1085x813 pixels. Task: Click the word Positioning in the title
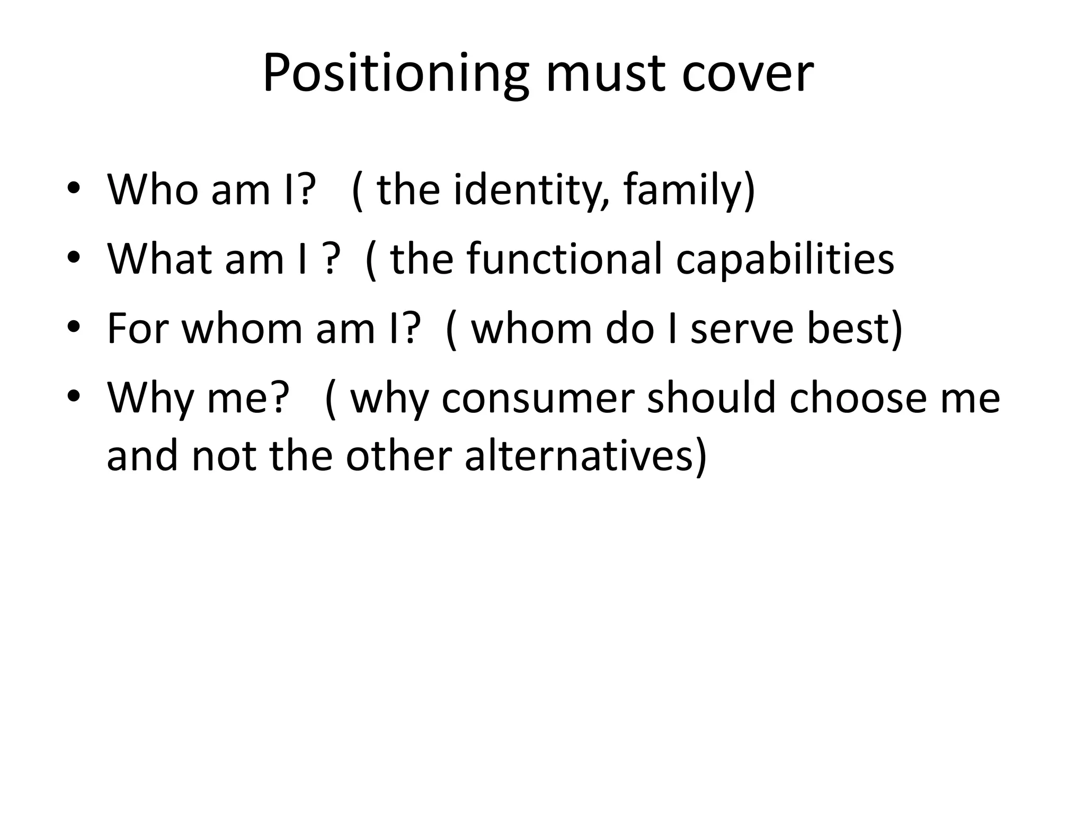click(x=395, y=74)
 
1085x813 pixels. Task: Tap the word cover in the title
click(x=747, y=74)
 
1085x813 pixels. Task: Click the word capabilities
click(x=785, y=259)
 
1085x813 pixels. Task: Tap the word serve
click(x=742, y=328)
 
